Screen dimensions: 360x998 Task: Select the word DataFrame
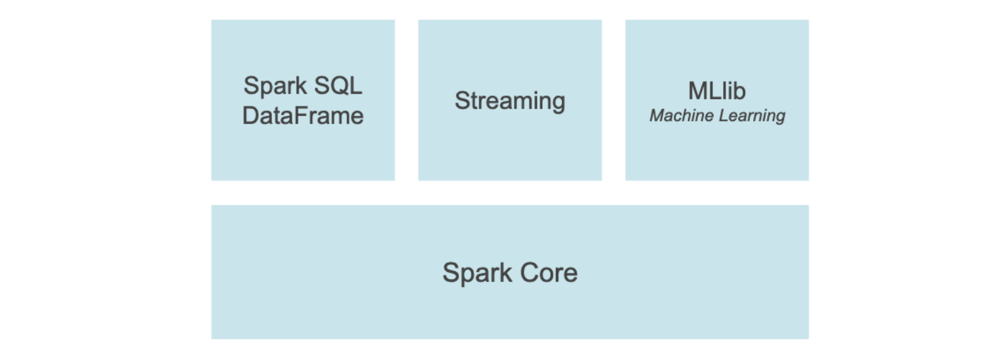tap(303, 116)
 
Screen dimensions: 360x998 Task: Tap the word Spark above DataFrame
tap(275, 86)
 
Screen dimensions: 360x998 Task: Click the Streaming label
tap(510, 101)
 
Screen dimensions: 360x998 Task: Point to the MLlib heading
tap(717, 91)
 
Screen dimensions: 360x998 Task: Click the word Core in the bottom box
tap(548, 273)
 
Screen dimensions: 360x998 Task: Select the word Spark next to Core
tap(477, 273)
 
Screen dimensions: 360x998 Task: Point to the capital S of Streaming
tap(462, 101)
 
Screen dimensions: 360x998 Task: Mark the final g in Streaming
tap(558, 102)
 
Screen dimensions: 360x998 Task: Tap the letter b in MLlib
tap(739, 91)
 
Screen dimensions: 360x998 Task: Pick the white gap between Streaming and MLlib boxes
tap(613, 100)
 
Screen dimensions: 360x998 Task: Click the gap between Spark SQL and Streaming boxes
tap(406, 100)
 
